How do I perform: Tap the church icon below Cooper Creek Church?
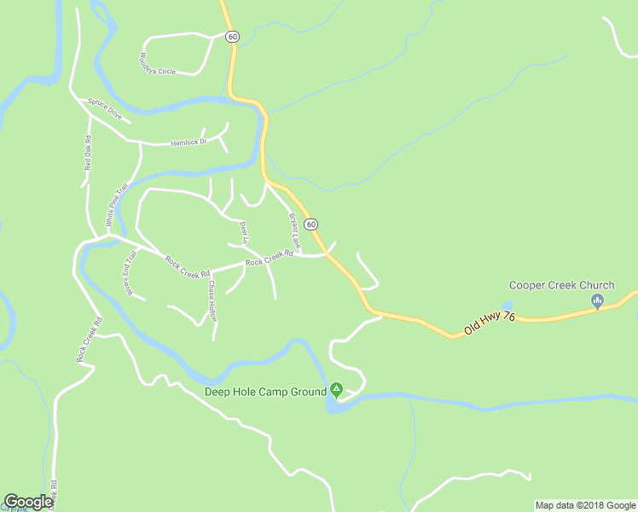pyautogui.click(x=597, y=300)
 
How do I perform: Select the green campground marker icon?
pyautogui.click(x=337, y=391)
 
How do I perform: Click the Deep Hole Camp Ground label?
pyautogui.click(x=265, y=392)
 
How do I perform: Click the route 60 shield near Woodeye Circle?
pyautogui.click(x=233, y=37)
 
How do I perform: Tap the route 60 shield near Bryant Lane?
pyautogui.click(x=311, y=224)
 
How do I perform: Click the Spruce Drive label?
pyautogui.click(x=105, y=108)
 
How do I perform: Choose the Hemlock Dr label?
pyautogui.click(x=189, y=143)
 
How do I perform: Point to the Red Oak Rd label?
pyautogui.click(x=88, y=153)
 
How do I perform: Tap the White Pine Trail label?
pyautogui.click(x=116, y=205)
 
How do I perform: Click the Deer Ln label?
pyautogui.click(x=244, y=232)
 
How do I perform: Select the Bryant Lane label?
pyautogui.click(x=295, y=230)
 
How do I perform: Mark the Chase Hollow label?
pyautogui.click(x=212, y=300)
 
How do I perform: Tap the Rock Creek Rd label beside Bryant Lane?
pyautogui.click(x=269, y=258)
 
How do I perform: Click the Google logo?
pyautogui.click(x=28, y=502)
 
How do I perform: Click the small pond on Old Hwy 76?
pyautogui.click(x=507, y=305)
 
